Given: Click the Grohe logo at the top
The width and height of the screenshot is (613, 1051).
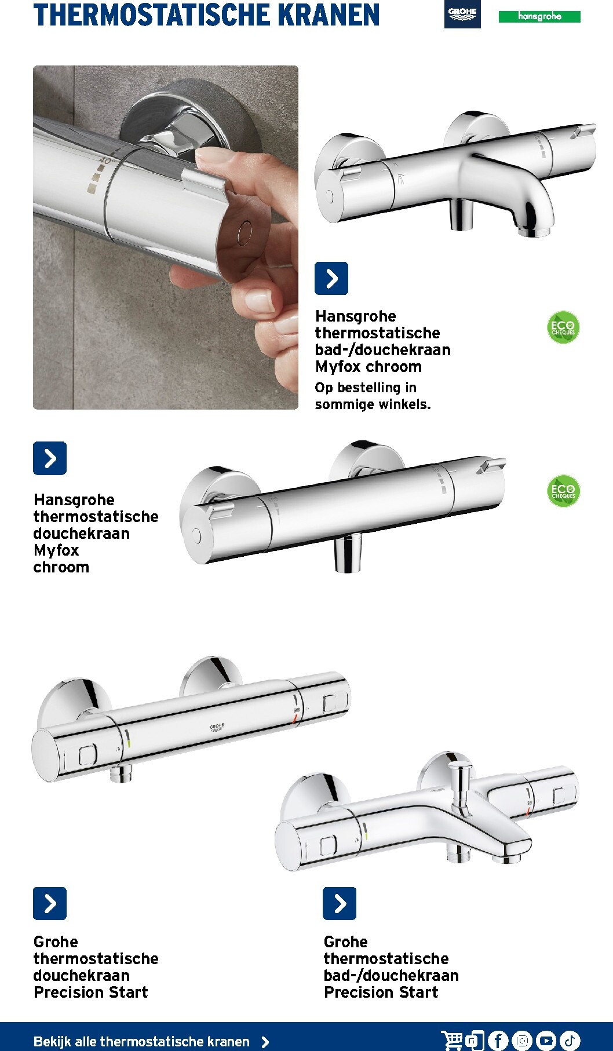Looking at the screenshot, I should click(x=462, y=14).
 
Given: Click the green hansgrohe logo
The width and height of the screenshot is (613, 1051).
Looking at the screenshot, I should click(x=539, y=17).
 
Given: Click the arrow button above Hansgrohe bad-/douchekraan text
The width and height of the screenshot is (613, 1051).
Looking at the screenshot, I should click(x=331, y=278).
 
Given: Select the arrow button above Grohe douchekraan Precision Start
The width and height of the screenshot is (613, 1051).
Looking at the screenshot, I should click(x=50, y=903).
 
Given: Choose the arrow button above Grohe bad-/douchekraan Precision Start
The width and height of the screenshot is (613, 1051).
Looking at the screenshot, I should click(x=340, y=903).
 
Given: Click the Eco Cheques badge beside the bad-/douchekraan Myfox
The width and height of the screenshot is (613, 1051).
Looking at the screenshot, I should click(x=563, y=328).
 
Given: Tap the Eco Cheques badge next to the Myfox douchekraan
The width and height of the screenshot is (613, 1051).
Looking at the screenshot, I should click(x=563, y=491).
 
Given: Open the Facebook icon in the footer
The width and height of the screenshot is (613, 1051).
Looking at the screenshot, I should click(x=498, y=1041).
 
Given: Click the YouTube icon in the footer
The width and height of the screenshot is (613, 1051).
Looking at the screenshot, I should click(x=546, y=1041).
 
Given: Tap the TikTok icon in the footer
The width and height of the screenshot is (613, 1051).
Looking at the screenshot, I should click(x=570, y=1041).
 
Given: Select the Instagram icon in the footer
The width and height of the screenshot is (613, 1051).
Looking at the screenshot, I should click(x=522, y=1041).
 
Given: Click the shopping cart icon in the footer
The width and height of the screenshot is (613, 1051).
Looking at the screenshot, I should click(x=453, y=1041).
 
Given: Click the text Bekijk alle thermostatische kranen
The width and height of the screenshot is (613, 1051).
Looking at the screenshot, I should click(x=141, y=1042).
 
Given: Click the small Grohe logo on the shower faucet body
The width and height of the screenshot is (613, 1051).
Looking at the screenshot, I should click(x=217, y=727).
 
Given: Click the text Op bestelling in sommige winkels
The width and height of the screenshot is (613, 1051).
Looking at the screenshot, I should click(x=373, y=396).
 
